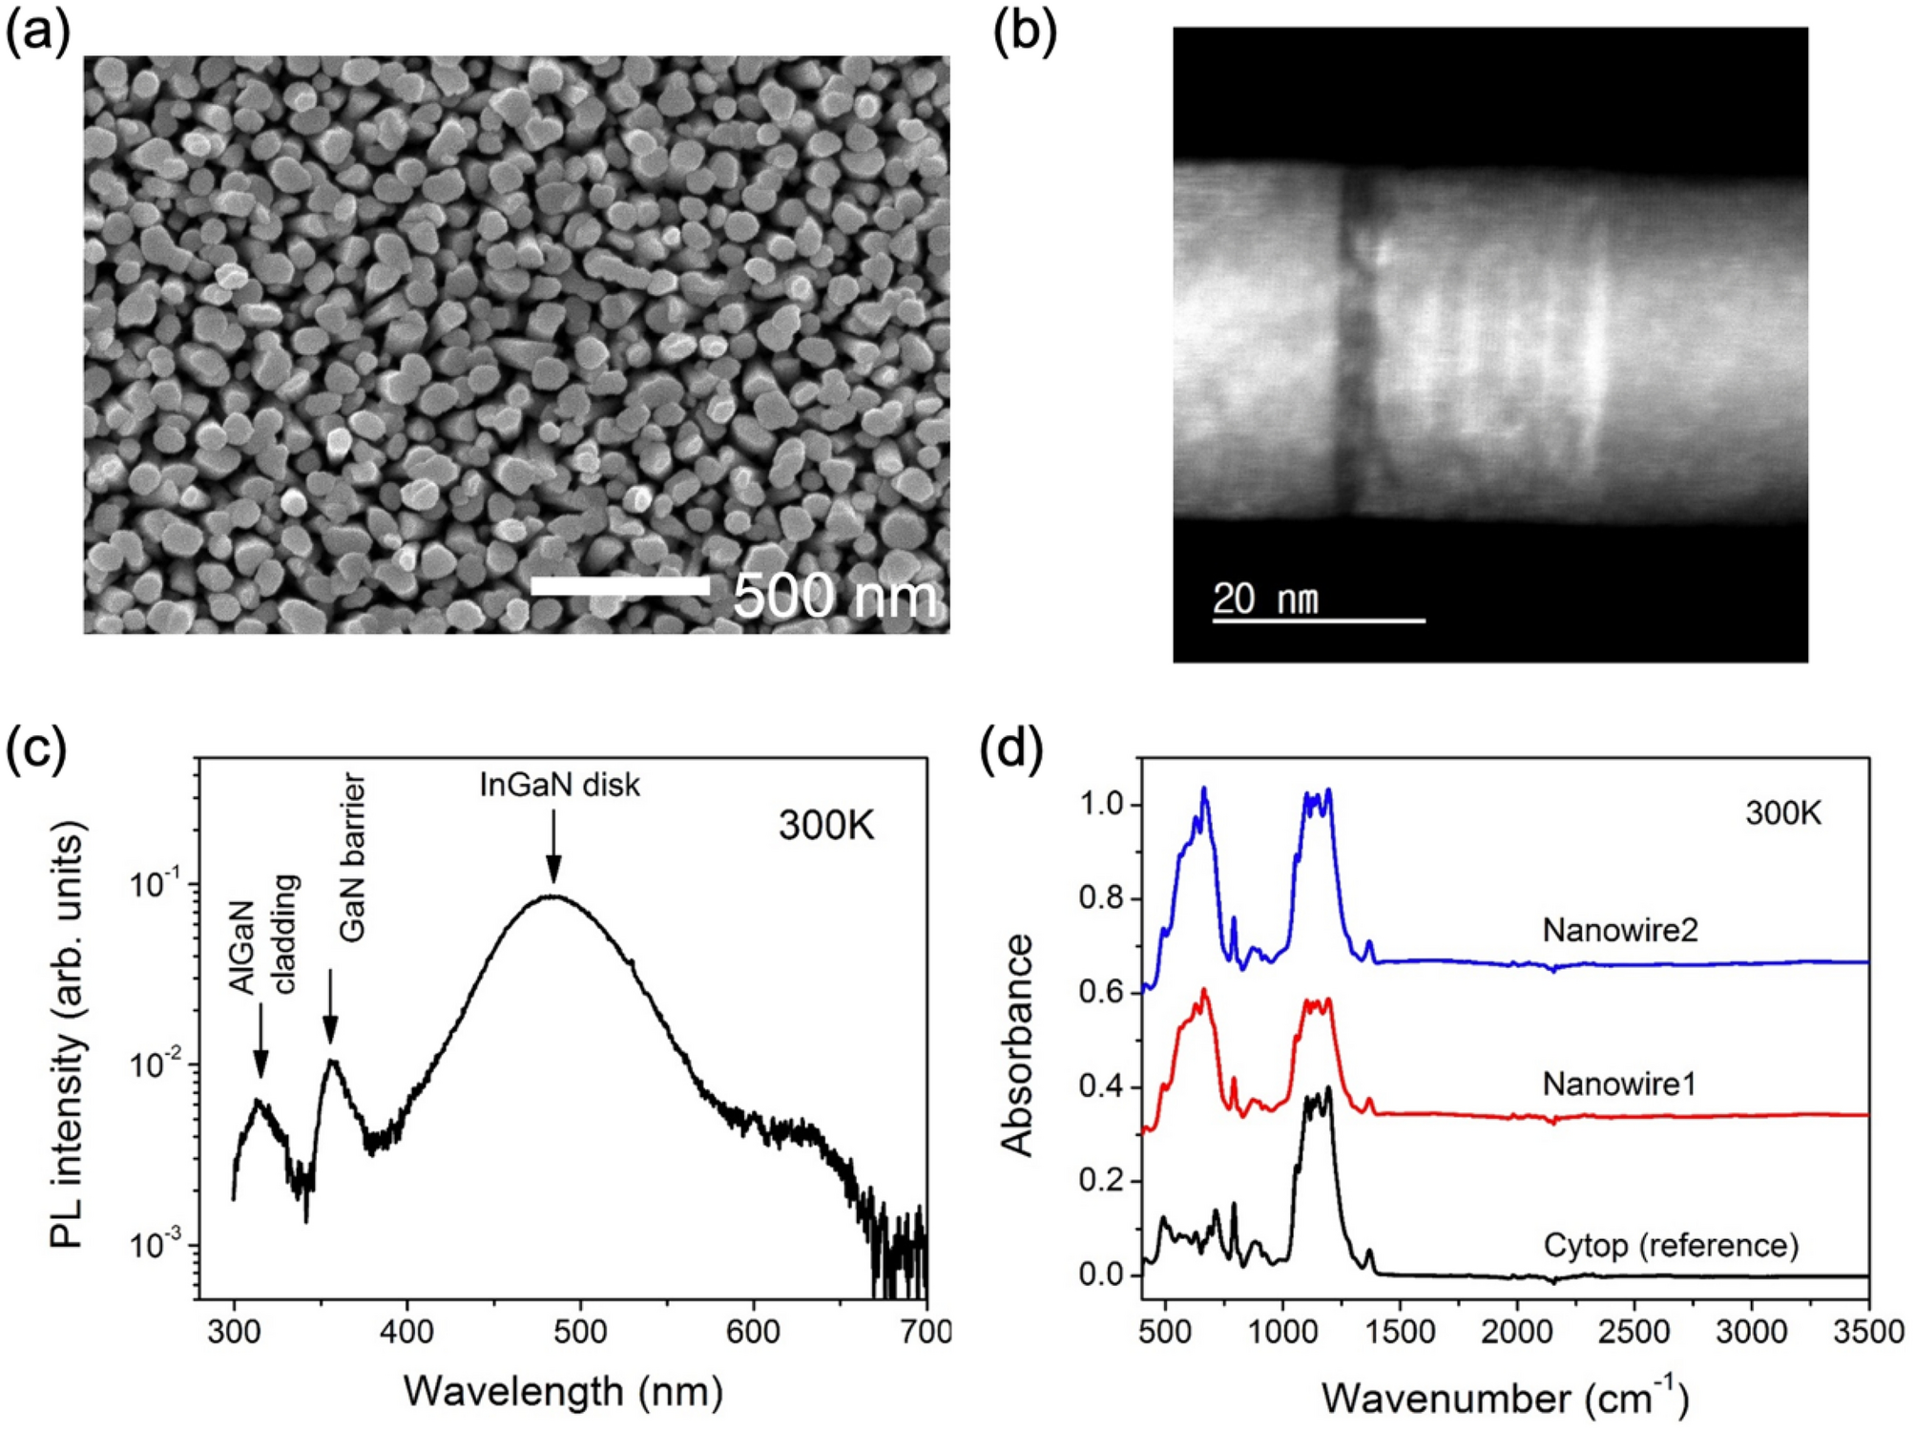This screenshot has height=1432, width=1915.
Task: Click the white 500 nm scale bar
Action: [619, 586]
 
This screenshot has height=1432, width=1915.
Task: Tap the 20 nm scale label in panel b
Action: [1265, 600]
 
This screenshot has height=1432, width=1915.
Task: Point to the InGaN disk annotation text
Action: [559, 786]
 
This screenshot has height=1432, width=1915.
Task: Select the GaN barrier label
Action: [353, 859]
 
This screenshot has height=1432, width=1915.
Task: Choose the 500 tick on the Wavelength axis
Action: [580, 1331]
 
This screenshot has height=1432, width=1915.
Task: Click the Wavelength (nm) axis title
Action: [563, 1391]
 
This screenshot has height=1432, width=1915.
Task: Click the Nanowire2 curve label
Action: [1620, 930]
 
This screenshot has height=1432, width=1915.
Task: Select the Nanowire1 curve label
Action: [1618, 1085]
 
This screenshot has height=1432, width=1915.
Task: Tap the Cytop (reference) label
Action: [1671, 1246]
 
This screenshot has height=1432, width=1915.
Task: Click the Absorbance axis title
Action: [1017, 1045]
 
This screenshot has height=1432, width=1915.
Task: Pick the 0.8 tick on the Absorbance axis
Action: [1102, 898]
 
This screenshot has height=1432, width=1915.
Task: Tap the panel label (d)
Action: [1012, 750]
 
